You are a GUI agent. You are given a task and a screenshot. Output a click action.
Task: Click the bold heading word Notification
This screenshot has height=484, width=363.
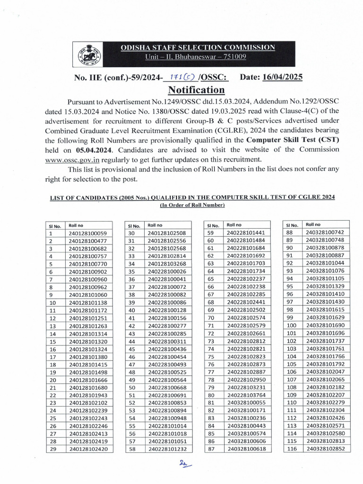[196, 90]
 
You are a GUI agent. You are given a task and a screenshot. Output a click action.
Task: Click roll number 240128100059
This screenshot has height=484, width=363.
[87, 233]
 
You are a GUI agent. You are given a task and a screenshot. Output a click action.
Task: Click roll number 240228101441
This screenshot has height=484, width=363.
[246, 233]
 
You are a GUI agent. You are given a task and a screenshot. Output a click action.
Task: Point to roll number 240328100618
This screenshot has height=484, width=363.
[246, 448]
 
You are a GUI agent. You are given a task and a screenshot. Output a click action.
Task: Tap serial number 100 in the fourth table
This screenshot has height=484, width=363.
[292, 325]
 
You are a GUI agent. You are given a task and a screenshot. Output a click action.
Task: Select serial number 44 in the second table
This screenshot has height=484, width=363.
[132, 341]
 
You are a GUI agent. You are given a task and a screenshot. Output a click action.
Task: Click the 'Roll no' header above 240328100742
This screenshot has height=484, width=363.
[313, 225]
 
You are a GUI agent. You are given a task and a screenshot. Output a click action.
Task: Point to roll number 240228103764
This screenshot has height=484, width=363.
[246, 394]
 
